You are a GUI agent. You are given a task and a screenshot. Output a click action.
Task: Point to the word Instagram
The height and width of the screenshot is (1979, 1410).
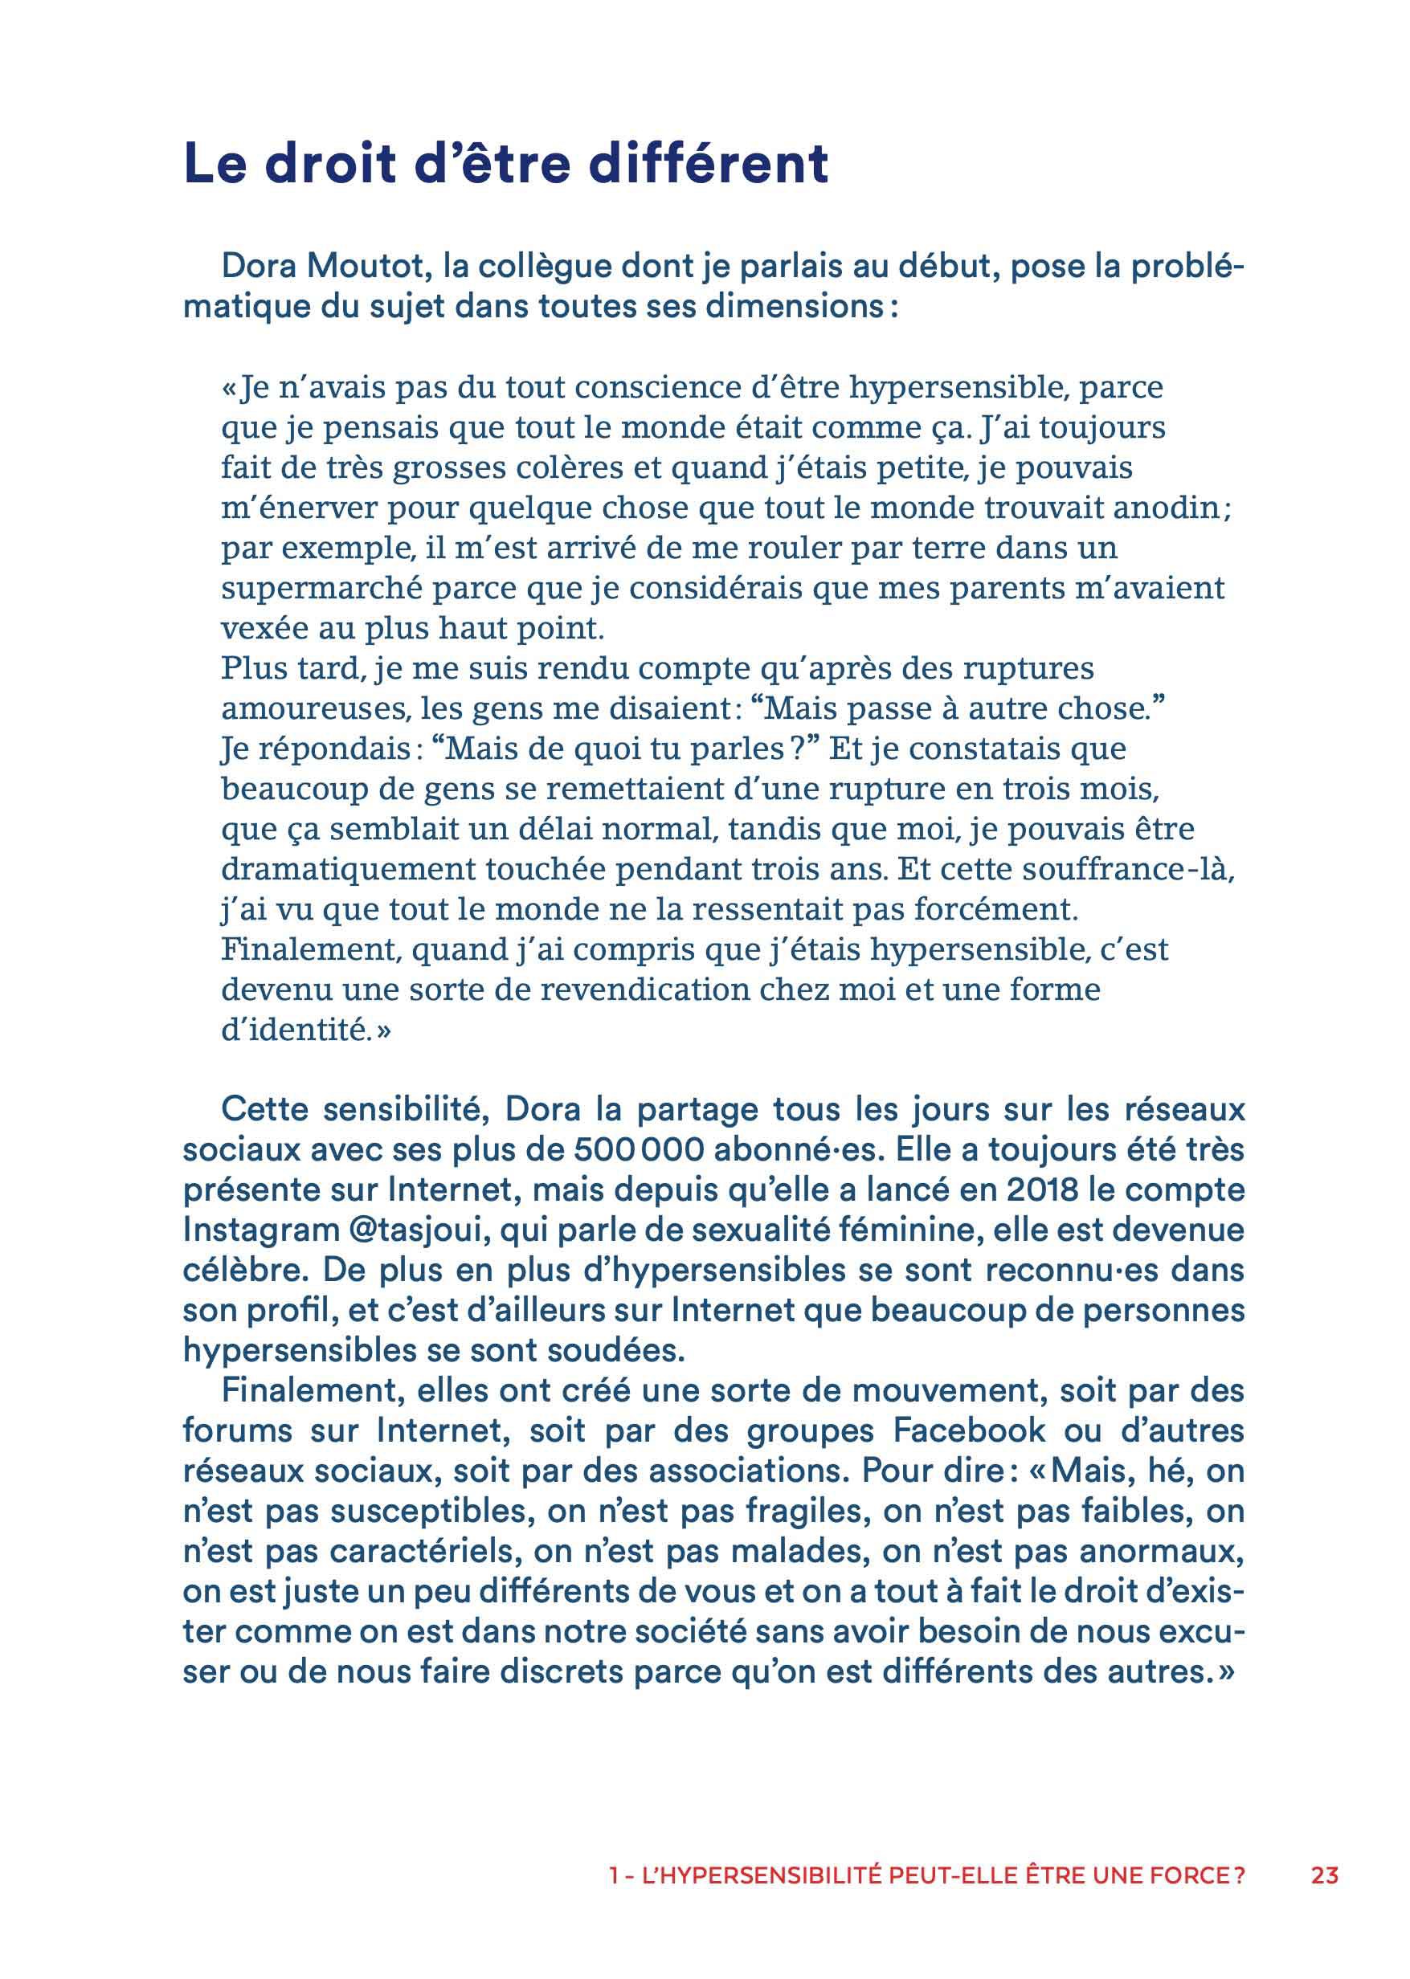(x=261, y=1230)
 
